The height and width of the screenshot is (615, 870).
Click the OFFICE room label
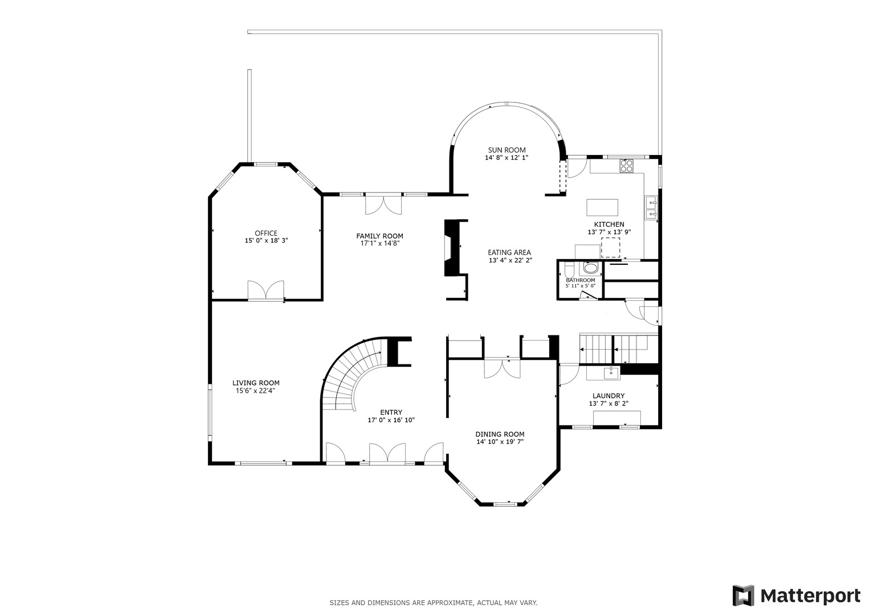pyautogui.click(x=266, y=233)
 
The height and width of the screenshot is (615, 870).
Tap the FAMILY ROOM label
pyautogui.click(x=379, y=236)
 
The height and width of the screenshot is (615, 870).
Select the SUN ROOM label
pyautogui.click(x=507, y=150)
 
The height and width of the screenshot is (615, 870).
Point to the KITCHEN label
pyautogui.click(x=609, y=224)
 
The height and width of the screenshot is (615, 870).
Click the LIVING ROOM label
pyautogui.click(x=256, y=383)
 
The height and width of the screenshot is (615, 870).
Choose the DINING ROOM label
pyautogui.click(x=500, y=434)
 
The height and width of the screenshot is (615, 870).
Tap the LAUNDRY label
pyautogui.click(x=608, y=396)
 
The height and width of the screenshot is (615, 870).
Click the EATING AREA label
pyautogui.click(x=509, y=252)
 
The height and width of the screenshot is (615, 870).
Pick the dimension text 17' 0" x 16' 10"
pyautogui.click(x=391, y=420)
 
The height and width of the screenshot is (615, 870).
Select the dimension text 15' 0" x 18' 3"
pyautogui.click(x=266, y=241)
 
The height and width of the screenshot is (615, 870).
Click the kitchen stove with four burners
pyautogui.click(x=627, y=166)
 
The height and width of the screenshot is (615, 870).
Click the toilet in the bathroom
pyautogui.click(x=590, y=269)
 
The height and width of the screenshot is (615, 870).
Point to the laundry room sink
pyautogui.click(x=610, y=373)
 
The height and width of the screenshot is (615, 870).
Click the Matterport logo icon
pyautogui.click(x=743, y=596)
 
